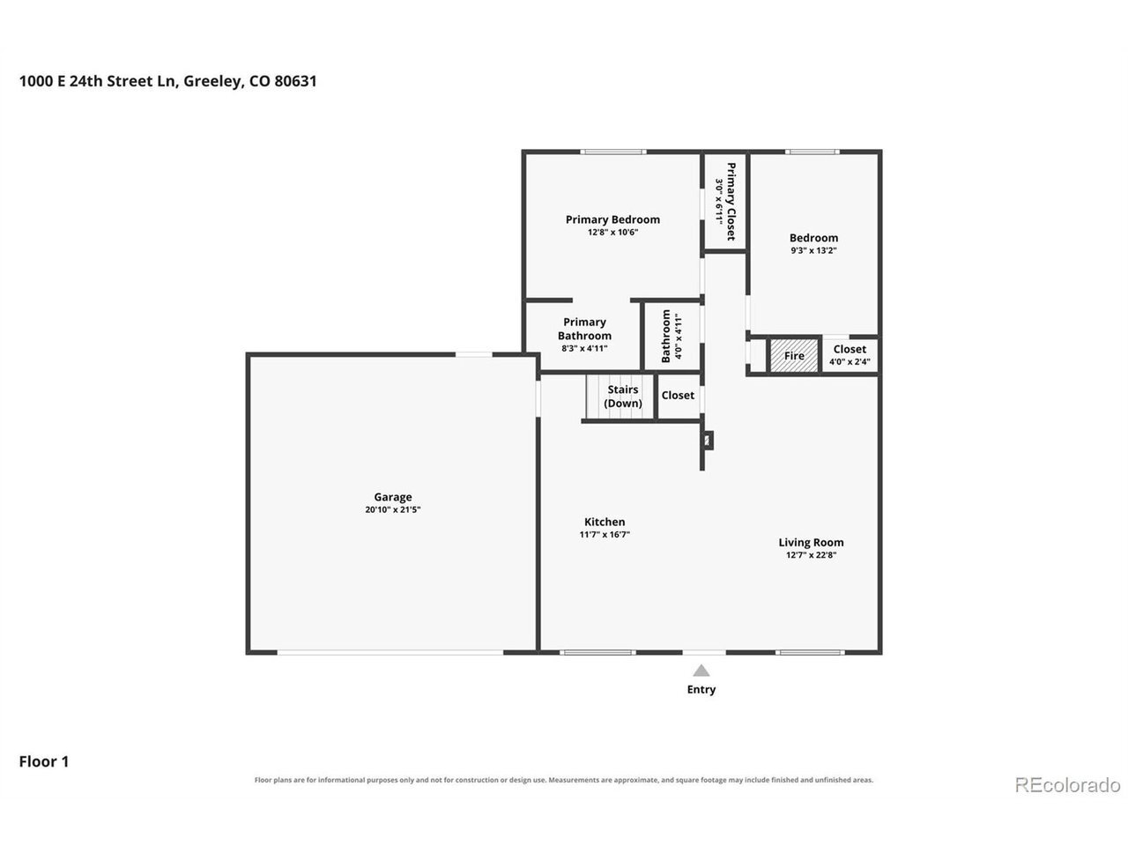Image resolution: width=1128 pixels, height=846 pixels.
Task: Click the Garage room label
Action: (x=393, y=497)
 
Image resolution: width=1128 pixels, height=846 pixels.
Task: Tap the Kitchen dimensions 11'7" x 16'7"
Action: (x=605, y=534)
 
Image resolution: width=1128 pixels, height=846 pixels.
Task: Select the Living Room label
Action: (x=811, y=542)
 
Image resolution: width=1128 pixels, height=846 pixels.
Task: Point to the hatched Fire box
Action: (x=793, y=355)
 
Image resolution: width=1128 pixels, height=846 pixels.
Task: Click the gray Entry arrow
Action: (x=701, y=670)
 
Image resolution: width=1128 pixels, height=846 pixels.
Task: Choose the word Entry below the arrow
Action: (x=701, y=689)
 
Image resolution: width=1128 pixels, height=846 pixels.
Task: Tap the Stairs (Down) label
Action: (x=623, y=396)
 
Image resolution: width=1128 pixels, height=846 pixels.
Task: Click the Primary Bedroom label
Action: (x=612, y=219)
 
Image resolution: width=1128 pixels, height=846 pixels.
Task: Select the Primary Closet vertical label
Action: (x=731, y=201)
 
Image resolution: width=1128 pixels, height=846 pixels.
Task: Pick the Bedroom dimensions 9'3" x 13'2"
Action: (x=813, y=250)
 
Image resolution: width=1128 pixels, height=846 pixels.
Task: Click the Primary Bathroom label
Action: (x=584, y=329)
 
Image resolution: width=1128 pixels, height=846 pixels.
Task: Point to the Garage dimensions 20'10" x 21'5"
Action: (x=393, y=509)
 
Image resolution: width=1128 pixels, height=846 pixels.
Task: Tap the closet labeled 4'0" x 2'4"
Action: (x=849, y=354)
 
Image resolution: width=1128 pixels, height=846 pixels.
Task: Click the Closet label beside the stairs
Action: (x=678, y=395)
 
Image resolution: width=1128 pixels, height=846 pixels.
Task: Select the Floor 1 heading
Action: (x=44, y=761)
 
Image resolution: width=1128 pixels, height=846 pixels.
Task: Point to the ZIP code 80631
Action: (x=295, y=81)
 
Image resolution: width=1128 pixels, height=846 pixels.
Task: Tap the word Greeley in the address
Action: (x=212, y=82)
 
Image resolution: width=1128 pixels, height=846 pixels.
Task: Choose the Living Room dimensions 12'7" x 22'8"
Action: (x=811, y=555)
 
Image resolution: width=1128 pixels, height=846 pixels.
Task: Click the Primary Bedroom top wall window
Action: (x=613, y=152)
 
